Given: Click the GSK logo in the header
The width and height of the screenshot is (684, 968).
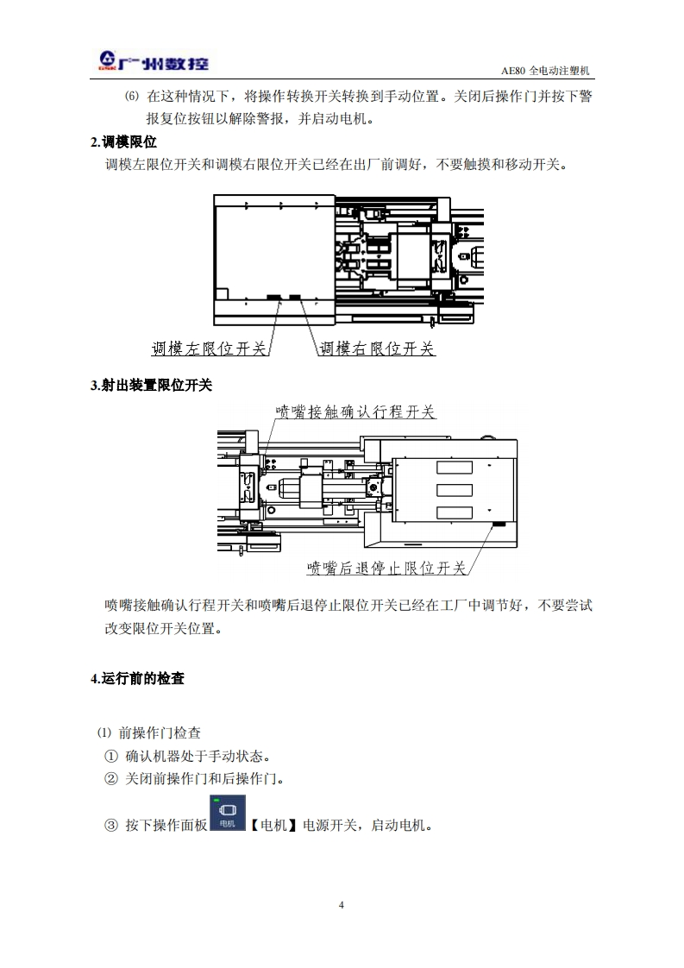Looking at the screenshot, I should click(x=150, y=61).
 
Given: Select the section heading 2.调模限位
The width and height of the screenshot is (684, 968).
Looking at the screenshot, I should click(x=123, y=142).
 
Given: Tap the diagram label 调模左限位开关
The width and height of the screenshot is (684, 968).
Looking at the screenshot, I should click(x=209, y=349).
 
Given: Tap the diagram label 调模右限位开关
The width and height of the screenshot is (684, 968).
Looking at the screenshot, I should click(x=377, y=349).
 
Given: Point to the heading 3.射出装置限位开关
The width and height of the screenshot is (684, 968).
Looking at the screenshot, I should click(x=151, y=386).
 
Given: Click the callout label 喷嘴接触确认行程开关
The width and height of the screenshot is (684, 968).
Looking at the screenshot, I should click(x=355, y=412).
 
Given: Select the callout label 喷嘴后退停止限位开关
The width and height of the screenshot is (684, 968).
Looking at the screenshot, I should click(x=386, y=568).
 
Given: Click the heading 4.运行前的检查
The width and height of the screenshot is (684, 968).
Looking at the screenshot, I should click(x=137, y=679).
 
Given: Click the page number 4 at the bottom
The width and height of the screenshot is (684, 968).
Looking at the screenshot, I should click(x=342, y=905).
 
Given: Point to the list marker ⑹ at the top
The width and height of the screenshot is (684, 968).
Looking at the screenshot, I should click(x=131, y=97).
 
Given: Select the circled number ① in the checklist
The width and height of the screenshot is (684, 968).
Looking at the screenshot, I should click(x=110, y=757).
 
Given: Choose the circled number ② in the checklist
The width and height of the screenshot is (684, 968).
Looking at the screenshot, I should click(x=110, y=779).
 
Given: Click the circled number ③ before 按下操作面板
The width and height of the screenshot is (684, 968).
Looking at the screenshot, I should click(x=110, y=826).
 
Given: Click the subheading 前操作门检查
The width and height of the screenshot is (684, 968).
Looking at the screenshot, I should click(x=160, y=733).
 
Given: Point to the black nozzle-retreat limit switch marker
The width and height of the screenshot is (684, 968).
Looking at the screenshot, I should click(x=498, y=524).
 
